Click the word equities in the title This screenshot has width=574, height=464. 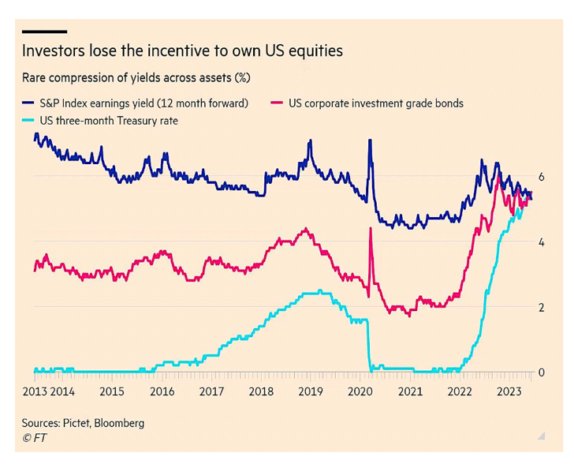(315, 51)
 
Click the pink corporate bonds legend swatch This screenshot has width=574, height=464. (276, 103)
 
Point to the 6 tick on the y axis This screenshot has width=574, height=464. (542, 177)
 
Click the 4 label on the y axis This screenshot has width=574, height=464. (542, 242)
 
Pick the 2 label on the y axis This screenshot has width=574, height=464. (542, 308)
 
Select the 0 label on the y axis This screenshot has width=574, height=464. (542, 372)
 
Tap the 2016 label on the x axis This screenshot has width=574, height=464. (162, 391)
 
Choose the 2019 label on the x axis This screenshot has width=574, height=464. (311, 391)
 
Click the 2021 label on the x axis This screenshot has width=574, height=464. (410, 391)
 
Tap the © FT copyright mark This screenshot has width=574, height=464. (32, 437)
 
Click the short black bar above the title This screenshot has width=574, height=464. (43, 32)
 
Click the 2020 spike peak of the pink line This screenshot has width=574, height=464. (370, 229)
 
